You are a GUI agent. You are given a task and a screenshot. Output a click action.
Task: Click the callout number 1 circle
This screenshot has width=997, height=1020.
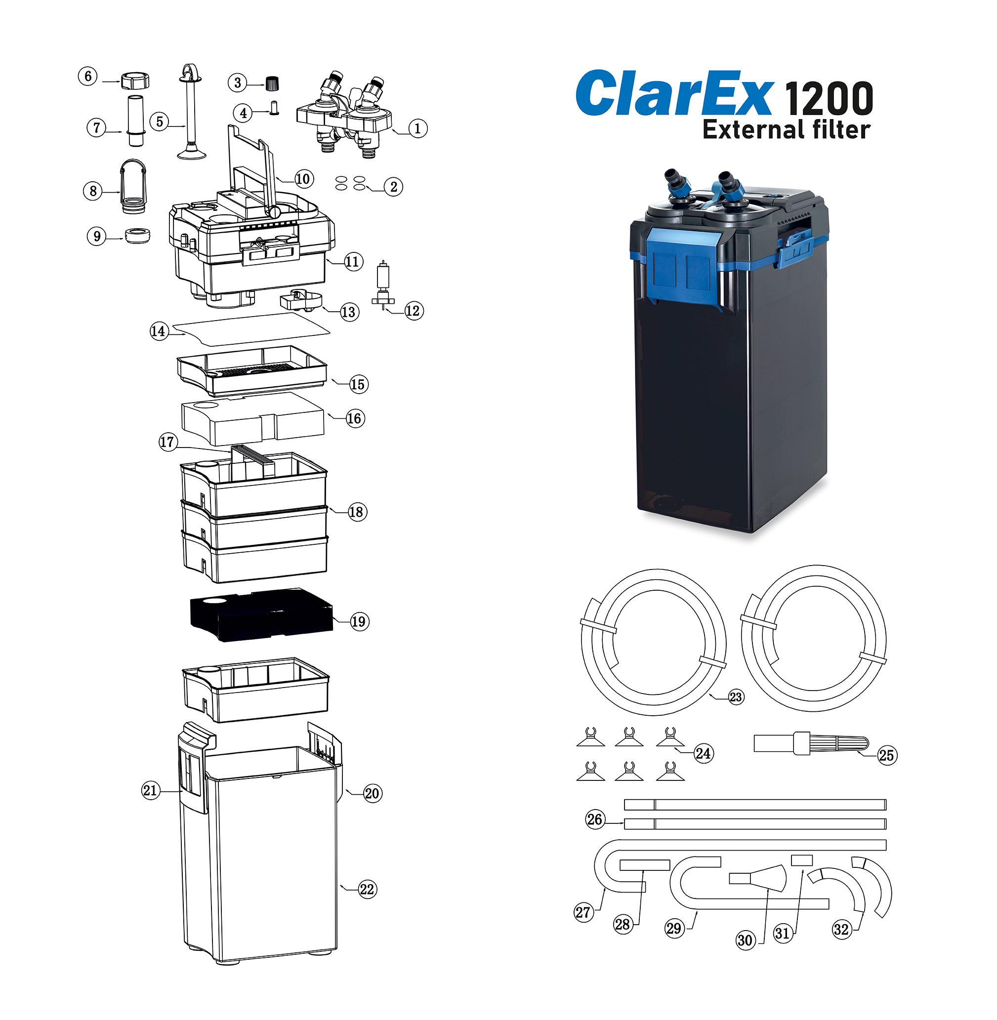tap(417, 128)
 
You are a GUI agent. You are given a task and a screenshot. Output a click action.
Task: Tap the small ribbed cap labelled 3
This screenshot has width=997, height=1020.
tap(271, 82)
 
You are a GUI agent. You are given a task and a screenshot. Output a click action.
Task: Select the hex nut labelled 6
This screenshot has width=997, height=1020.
tap(135, 81)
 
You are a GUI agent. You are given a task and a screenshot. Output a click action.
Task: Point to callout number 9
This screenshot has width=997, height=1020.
tap(96, 236)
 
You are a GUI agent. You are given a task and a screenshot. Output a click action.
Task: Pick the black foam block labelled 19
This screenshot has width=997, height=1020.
tap(261, 613)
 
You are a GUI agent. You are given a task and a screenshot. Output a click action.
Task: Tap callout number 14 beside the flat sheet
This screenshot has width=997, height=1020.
tap(158, 331)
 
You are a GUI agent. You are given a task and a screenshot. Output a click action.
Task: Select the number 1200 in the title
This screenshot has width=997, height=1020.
tap(829, 98)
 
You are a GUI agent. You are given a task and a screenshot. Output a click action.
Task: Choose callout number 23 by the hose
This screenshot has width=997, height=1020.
tap(736, 697)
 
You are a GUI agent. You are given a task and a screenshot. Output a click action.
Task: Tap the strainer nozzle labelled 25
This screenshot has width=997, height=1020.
tap(811, 743)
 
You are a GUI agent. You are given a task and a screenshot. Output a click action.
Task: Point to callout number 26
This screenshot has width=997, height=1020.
tap(595, 819)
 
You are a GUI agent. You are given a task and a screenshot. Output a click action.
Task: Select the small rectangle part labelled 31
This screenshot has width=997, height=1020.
tap(802, 860)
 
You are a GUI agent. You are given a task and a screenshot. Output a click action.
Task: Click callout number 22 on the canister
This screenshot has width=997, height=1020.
tap(367, 890)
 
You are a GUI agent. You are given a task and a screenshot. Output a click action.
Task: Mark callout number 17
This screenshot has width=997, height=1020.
tap(167, 442)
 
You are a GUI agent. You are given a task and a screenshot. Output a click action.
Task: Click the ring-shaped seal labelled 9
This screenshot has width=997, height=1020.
tap(138, 235)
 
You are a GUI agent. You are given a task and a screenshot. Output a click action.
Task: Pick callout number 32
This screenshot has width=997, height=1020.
tap(841, 930)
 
